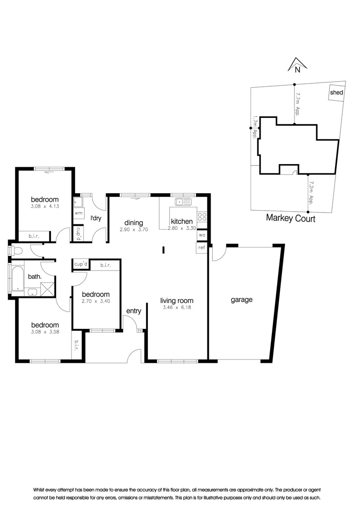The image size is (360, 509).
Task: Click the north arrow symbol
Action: [x=295, y=66]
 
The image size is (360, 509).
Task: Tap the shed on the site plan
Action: [x=336, y=92]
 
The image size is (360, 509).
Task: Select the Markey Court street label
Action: [x=290, y=218]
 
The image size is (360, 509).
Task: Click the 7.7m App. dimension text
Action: [x=298, y=104]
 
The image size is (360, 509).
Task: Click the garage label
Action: [x=241, y=299]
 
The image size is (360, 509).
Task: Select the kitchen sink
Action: [x=182, y=202]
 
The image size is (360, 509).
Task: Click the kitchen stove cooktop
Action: [x=203, y=217]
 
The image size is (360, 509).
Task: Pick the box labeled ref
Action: [x=202, y=247]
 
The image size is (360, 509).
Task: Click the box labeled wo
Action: [x=202, y=235]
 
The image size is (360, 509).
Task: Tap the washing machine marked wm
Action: [x=78, y=213]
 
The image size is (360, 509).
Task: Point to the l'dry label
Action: [x=97, y=218]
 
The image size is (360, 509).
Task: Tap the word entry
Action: [x=133, y=311]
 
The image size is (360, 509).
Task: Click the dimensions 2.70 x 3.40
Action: [x=96, y=302]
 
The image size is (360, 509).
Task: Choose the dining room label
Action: [x=133, y=223]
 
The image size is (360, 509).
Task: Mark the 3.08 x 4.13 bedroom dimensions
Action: [x=45, y=206]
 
